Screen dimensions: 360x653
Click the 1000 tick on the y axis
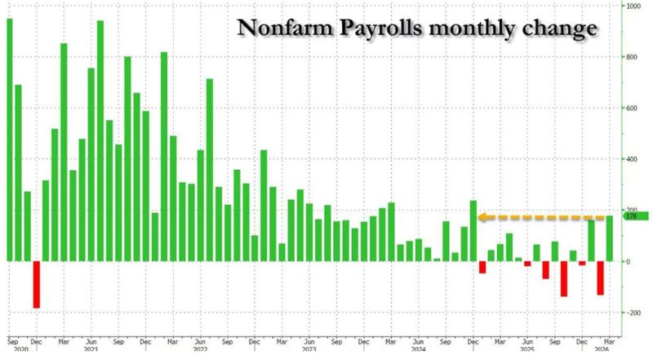633,7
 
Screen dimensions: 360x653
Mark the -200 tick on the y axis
633,313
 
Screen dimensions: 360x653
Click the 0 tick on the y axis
629,261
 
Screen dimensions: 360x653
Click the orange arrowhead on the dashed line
482,217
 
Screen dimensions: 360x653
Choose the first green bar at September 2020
9,140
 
